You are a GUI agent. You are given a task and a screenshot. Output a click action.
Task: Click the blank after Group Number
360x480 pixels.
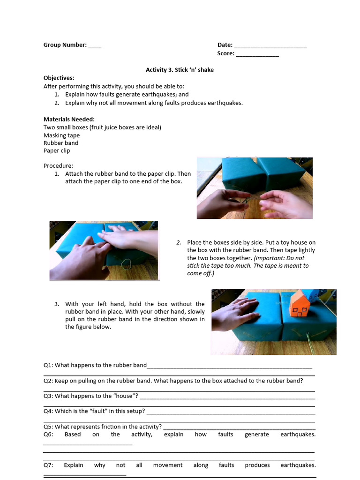pos(95,45)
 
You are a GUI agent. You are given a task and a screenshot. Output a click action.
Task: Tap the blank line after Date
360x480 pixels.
pos(270,45)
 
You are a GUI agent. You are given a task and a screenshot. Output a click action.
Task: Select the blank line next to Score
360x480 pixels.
pos(257,54)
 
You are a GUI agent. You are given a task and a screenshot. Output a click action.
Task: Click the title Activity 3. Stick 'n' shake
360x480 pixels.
pos(180,70)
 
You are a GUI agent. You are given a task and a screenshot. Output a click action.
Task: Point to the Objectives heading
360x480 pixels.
pos(59,78)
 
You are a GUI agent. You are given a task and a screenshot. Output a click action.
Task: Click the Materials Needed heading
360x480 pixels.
pos(69,119)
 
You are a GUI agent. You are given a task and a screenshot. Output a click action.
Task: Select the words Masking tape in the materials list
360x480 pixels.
pos(61,135)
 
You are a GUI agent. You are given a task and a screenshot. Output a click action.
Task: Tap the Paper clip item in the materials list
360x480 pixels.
pos(57,150)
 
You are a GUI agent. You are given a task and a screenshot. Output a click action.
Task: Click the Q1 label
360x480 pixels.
pos(48,365)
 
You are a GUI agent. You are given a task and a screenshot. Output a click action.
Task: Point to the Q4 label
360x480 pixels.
pos(48,411)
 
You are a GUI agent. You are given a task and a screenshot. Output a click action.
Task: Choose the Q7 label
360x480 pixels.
pos(49,465)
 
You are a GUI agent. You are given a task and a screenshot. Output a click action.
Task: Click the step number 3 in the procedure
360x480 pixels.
pos(56,304)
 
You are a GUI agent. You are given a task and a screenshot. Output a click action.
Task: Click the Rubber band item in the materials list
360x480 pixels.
pos(61,143)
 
